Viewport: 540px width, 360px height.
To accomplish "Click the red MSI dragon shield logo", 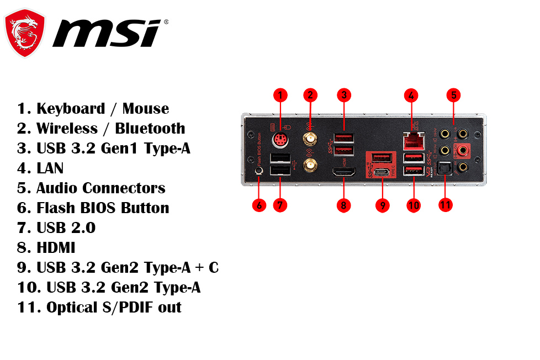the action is click(24, 33).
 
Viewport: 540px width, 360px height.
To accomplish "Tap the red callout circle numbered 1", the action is click(280, 95).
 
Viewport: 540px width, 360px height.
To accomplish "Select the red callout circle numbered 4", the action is click(411, 96).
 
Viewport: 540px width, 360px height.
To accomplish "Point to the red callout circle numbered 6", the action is click(259, 205).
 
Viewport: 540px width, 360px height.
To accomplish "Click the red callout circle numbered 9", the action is click(382, 205).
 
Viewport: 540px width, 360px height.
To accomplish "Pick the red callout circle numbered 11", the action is click(445, 205).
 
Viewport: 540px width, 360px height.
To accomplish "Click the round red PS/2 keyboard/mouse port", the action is click(280, 140).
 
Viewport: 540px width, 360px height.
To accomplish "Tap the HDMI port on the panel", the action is click(343, 172).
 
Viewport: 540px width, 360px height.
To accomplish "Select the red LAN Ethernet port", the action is click(414, 140).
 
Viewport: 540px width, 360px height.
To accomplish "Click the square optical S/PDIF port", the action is click(444, 168).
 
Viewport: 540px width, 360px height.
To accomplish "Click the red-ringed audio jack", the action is click(463, 150).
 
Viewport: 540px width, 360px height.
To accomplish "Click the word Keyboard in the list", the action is click(71, 109).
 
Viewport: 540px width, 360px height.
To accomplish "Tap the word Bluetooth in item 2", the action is click(150, 129).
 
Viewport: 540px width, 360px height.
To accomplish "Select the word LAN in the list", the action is click(50, 168).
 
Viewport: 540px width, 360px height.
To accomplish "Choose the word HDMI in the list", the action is click(56, 248).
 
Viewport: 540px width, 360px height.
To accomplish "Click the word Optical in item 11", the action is click(72, 308).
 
